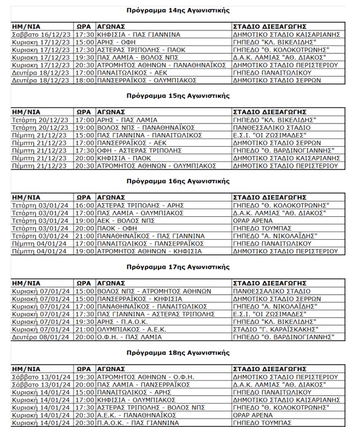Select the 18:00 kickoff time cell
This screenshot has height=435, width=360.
click(84, 81)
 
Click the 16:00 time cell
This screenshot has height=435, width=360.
click(84, 205)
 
